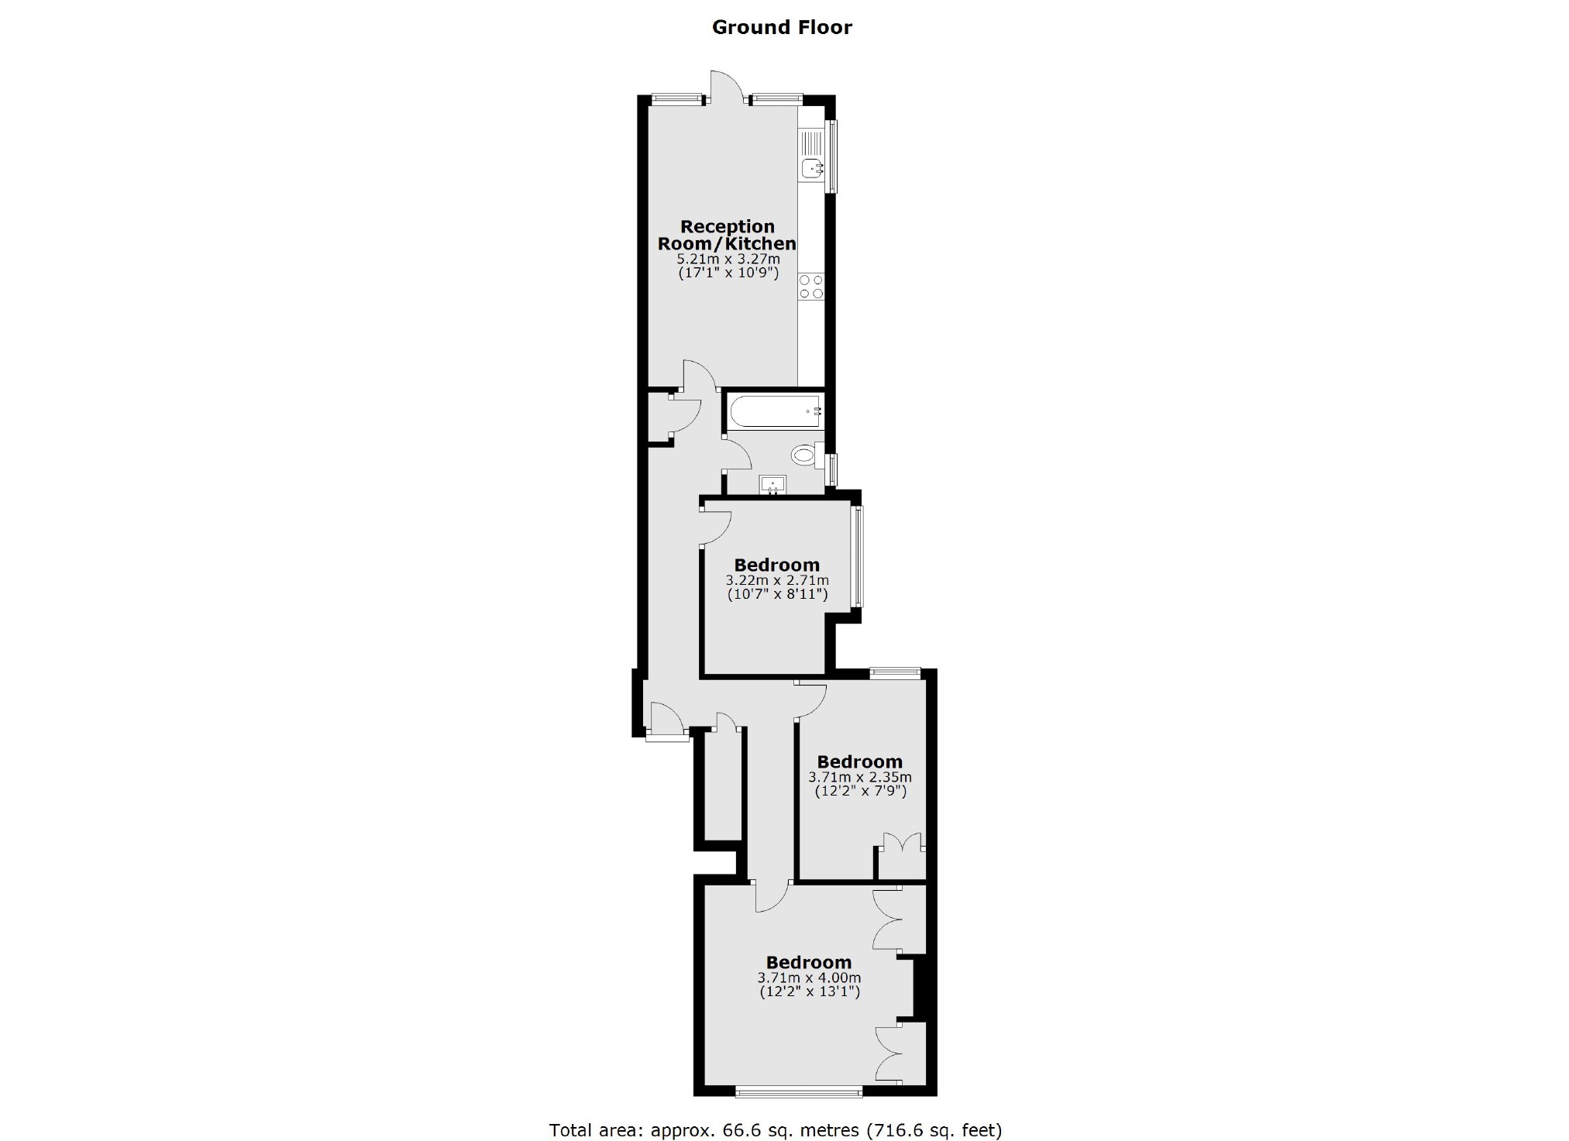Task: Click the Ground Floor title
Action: pyautogui.click(x=781, y=28)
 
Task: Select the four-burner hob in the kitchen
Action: pyautogui.click(x=811, y=287)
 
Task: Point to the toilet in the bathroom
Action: pyautogui.click(x=806, y=454)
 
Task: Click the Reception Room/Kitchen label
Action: pyautogui.click(x=727, y=235)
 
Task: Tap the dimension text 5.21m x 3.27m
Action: pyautogui.click(x=728, y=259)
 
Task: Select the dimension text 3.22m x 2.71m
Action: pyautogui.click(x=776, y=580)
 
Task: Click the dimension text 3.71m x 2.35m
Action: pyautogui.click(x=859, y=777)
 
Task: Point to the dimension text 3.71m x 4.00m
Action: pyautogui.click(x=809, y=978)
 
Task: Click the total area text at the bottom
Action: pyautogui.click(x=775, y=1129)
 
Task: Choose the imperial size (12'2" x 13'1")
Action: pyautogui.click(x=809, y=992)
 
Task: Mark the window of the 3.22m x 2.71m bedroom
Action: pyautogui.click(x=857, y=555)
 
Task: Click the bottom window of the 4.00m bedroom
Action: pyautogui.click(x=798, y=1092)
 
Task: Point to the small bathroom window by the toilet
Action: pyautogui.click(x=832, y=469)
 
